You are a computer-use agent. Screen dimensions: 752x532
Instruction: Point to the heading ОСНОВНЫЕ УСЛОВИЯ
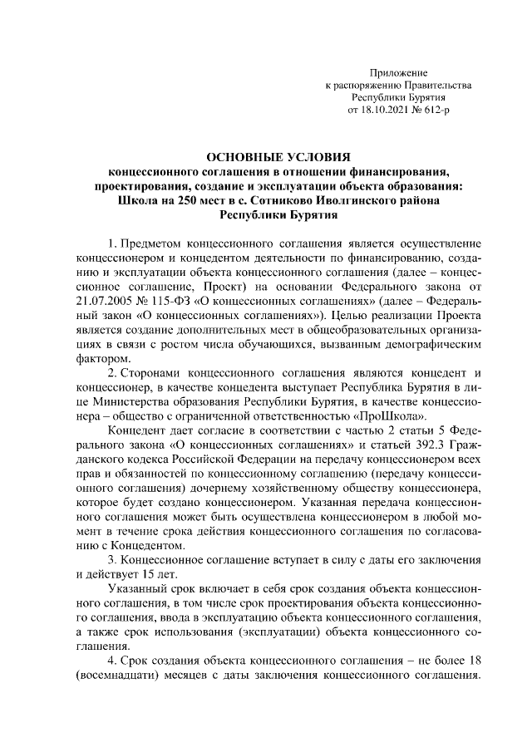click(278, 157)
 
